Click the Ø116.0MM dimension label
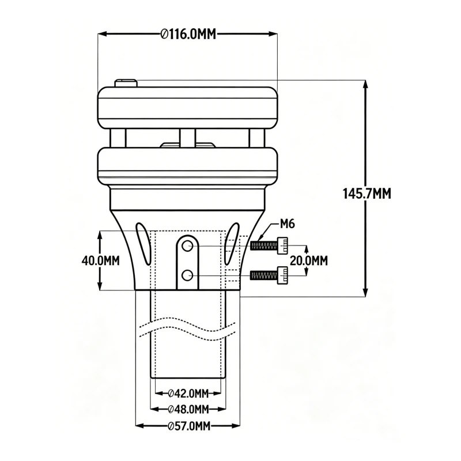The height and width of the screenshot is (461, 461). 187,34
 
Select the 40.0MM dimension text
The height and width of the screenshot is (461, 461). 101,260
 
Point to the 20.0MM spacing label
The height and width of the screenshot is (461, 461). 308,260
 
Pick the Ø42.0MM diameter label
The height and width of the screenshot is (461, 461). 188,394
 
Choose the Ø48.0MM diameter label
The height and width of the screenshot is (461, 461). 188,410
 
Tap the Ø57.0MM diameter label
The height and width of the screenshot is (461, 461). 188,426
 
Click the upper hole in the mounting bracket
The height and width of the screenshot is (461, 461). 187,247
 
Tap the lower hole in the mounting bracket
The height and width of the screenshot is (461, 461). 187,275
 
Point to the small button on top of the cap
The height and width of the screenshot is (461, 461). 126,84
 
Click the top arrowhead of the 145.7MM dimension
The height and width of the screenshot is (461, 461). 365,84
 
